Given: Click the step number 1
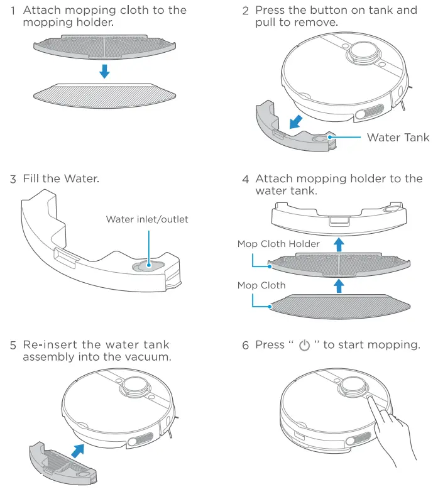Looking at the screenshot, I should (x=13, y=11).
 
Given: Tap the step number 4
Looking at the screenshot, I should (x=246, y=179).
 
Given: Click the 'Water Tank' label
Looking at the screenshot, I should (x=398, y=138).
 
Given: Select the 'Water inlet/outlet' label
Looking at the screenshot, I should (x=147, y=219).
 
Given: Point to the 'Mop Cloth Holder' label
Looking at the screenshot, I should (x=278, y=244).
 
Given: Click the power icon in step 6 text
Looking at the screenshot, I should (x=305, y=346).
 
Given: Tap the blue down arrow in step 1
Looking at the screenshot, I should (x=104, y=71).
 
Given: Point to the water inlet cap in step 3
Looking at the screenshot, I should (x=148, y=265).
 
